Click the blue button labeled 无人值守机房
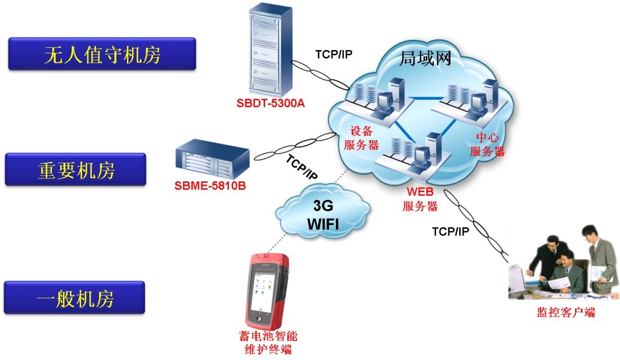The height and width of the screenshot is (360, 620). pyautogui.click(x=102, y=55)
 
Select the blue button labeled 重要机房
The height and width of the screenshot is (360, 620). pyautogui.click(x=75, y=169)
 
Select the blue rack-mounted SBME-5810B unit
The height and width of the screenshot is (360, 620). pyautogui.click(x=212, y=160)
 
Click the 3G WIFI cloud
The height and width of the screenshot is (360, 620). pyautogui.click(x=322, y=213)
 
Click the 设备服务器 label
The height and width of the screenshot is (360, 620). pyautogui.click(x=361, y=138)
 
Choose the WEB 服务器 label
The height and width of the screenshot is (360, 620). pyautogui.click(x=420, y=200)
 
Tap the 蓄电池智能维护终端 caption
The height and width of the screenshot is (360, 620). pyautogui.click(x=268, y=343)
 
